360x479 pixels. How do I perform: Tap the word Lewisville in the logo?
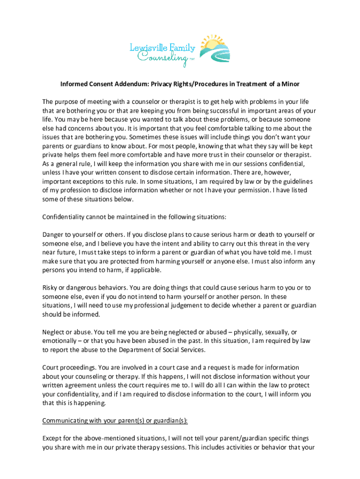(x=150, y=46)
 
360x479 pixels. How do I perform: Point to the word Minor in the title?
(x=289, y=84)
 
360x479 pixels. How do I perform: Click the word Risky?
(x=50, y=288)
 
